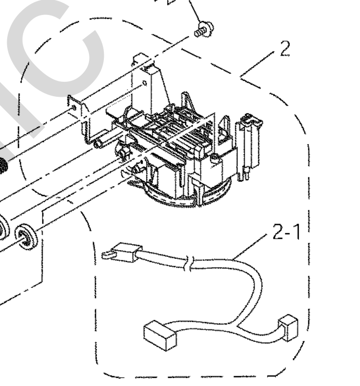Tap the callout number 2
pyautogui.click(x=284, y=49)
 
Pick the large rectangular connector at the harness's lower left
pyautogui.click(x=158, y=335)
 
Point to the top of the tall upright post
pyautogui.click(x=146, y=57)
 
